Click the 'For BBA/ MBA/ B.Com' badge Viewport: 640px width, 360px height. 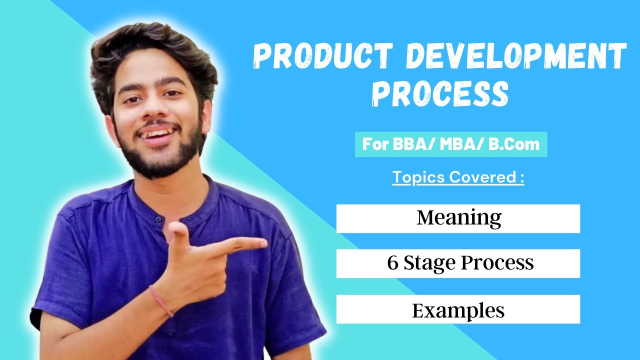tap(451, 144)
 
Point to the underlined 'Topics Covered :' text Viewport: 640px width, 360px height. tap(458, 177)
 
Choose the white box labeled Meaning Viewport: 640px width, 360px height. tap(458, 218)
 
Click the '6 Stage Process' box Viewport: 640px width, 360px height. tap(458, 263)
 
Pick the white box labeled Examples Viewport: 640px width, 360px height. tap(458, 309)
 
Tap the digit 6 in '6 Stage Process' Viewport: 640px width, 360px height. tap(392, 263)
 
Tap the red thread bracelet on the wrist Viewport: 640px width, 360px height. tap(161, 300)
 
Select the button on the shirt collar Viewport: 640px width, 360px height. tap(158, 219)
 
